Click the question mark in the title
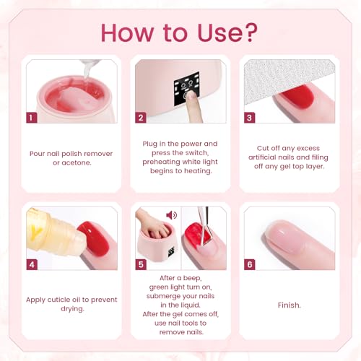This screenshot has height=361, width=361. pyautogui.click(x=248, y=33)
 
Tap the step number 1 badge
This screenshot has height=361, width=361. pyautogui.click(x=31, y=118)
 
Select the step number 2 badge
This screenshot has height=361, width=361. pyautogui.click(x=141, y=118)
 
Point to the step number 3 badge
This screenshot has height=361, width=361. pyautogui.click(x=250, y=118)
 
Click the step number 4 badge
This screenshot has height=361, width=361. pyautogui.click(x=32, y=264)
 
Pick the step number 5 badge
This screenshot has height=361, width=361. pyautogui.click(x=141, y=264)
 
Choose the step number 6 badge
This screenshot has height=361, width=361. pyautogui.click(x=250, y=264)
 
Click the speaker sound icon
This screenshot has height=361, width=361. pyautogui.click(x=172, y=215)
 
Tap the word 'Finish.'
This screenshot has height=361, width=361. pyautogui.click(x=290, y=305)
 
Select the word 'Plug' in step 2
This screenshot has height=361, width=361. pyautogui.click(x=149, y=144)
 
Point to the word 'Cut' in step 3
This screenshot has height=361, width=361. pyautogui.click(x=262, y=148)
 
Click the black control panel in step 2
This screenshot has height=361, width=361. pyautogui.click(x=186, y=89)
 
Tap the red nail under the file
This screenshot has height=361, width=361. pyautogui.click(x=297, y=96)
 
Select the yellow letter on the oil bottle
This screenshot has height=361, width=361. pyautogui.click(x=35, y=232)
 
